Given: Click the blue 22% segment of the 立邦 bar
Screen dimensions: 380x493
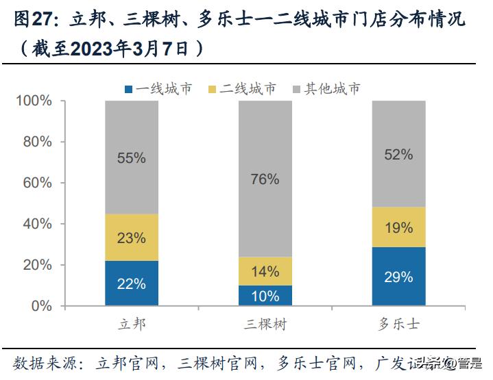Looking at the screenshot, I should pos(132,283).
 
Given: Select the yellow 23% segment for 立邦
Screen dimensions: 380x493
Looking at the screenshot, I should pos(132,238).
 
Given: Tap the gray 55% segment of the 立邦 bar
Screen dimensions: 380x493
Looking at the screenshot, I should pos(132,157).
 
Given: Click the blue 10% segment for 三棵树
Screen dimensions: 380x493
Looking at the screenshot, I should pos(265,295).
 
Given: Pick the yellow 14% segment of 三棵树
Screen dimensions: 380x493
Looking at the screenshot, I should pos(265,271).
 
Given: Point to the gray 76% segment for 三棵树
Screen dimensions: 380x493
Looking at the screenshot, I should pos(265,179).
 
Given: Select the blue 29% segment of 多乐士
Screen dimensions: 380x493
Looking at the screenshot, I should pos(398,276).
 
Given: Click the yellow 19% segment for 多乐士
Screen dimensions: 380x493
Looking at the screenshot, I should pos(398,227).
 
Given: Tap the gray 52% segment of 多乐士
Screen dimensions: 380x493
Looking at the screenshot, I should pos(398,154).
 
